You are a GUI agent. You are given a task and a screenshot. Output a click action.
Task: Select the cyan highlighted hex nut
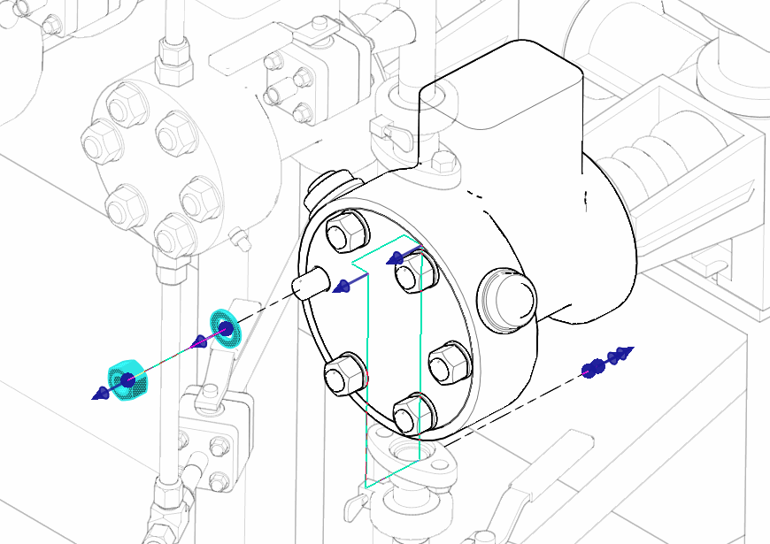coord(126,379)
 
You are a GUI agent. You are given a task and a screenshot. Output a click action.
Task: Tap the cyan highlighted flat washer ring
coord(225,328)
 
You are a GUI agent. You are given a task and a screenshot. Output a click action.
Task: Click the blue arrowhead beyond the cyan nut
coord(100,394)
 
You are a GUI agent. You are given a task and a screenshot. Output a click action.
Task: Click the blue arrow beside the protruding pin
coord(343,286)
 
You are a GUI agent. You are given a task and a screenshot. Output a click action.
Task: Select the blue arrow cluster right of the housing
coord(608,360)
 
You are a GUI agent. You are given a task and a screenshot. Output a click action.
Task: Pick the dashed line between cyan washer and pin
coord(266,306)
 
